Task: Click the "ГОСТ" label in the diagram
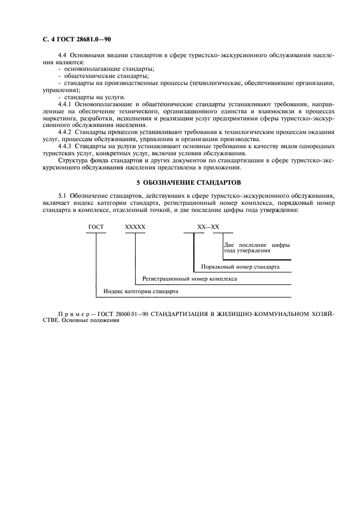96,226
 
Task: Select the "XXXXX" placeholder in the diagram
135,226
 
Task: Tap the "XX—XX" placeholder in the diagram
208,226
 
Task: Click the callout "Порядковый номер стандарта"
240,268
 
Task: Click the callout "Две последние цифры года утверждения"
256,247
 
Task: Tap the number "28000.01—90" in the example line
132,314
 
